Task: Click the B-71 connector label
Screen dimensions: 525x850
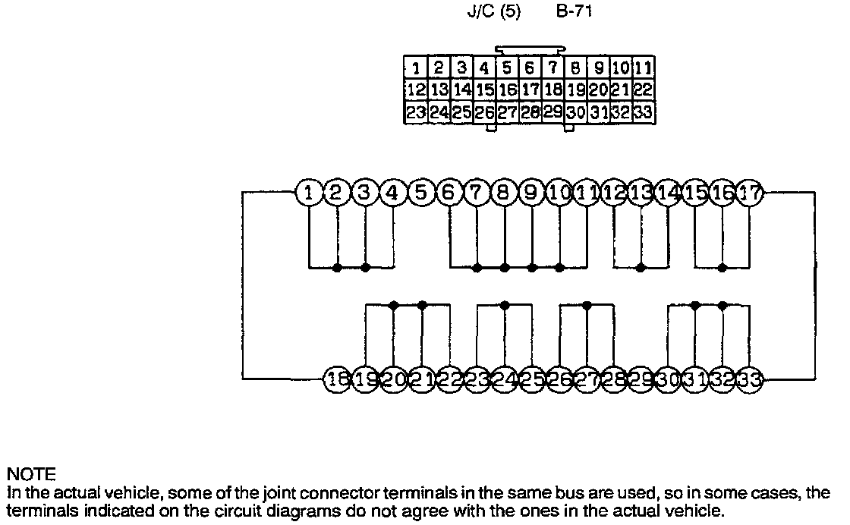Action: tap(575, 13)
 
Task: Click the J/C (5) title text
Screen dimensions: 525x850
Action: tap(493, 13)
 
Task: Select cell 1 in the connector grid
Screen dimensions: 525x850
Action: tap(416, 68)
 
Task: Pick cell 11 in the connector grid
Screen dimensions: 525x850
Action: tap(643, 68)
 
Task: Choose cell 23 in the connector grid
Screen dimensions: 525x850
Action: tap(416, 113)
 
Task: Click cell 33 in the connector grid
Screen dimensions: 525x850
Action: tap(643, 113)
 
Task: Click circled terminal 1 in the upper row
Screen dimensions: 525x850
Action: tap(309, 193)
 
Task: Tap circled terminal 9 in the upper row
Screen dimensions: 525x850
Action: tap(531, 193)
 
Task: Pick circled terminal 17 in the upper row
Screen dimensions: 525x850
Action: tap(751, 193)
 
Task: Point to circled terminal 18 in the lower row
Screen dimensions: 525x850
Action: tap(337, 379)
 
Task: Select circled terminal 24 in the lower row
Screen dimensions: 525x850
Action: tap(504, 379)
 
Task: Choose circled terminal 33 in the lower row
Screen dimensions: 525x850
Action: tap(751, 379)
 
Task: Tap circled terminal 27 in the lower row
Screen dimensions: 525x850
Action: tap(587, 379)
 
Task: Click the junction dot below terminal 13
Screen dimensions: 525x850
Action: tap(641, 267)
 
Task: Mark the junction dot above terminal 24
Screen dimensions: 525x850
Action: tap(504, 305)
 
